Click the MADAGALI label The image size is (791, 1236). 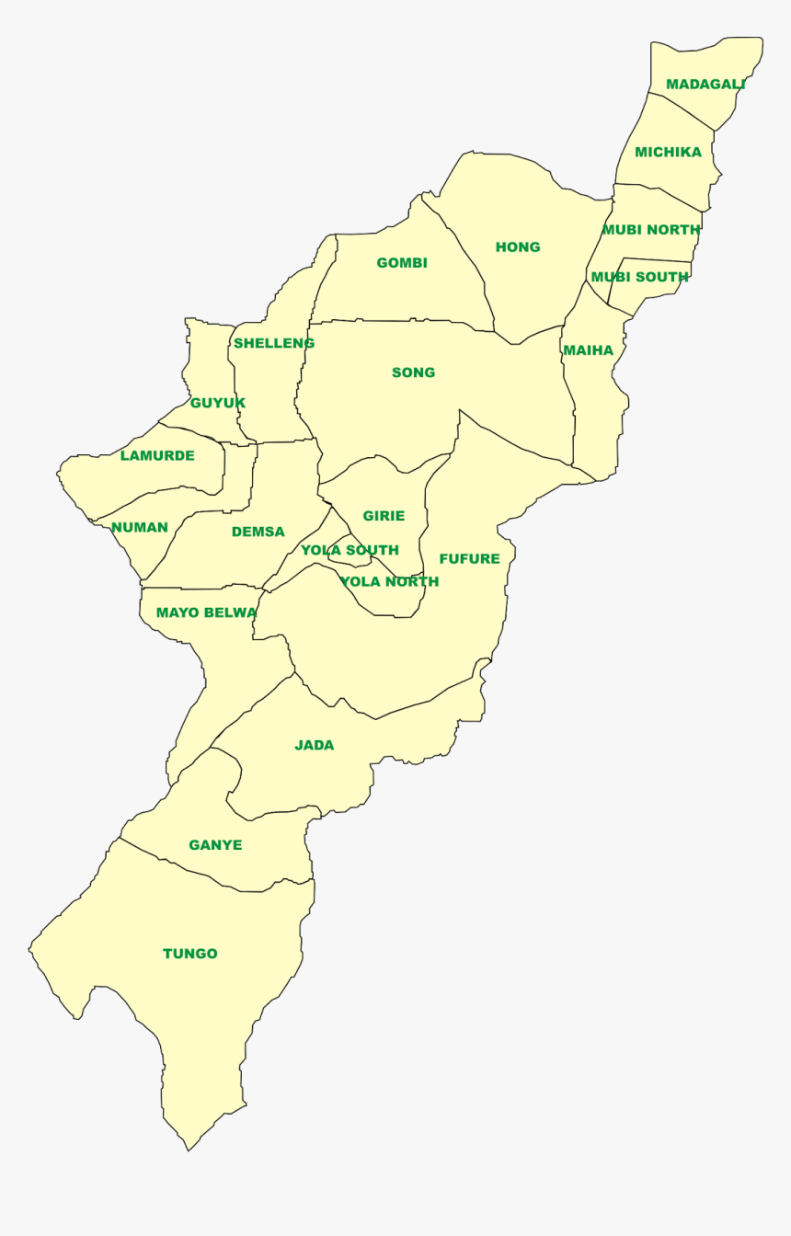point(705,85)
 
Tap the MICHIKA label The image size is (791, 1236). point(668,153)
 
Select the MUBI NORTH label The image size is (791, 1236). point(651,230)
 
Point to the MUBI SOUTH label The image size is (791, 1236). point(639,277)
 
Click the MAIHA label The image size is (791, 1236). point(588,350)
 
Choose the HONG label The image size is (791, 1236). point(518,246)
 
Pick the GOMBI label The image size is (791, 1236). point(402,263)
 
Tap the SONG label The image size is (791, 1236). point(413,372)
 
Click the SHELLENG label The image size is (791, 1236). point(274,343)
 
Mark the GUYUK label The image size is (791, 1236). point(218,403)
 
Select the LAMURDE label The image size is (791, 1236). point(157,455)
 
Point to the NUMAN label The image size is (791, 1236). point(140,527)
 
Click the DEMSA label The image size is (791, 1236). point(258,532)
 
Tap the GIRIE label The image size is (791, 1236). point(384,516)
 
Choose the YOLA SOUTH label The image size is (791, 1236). point(350,550)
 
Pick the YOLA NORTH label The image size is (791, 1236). point(389,581)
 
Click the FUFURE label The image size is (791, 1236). point(469,558)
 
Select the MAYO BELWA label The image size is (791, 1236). point(206,612)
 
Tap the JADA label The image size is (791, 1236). point(314,745)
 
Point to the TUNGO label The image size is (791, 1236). point(190,954)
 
